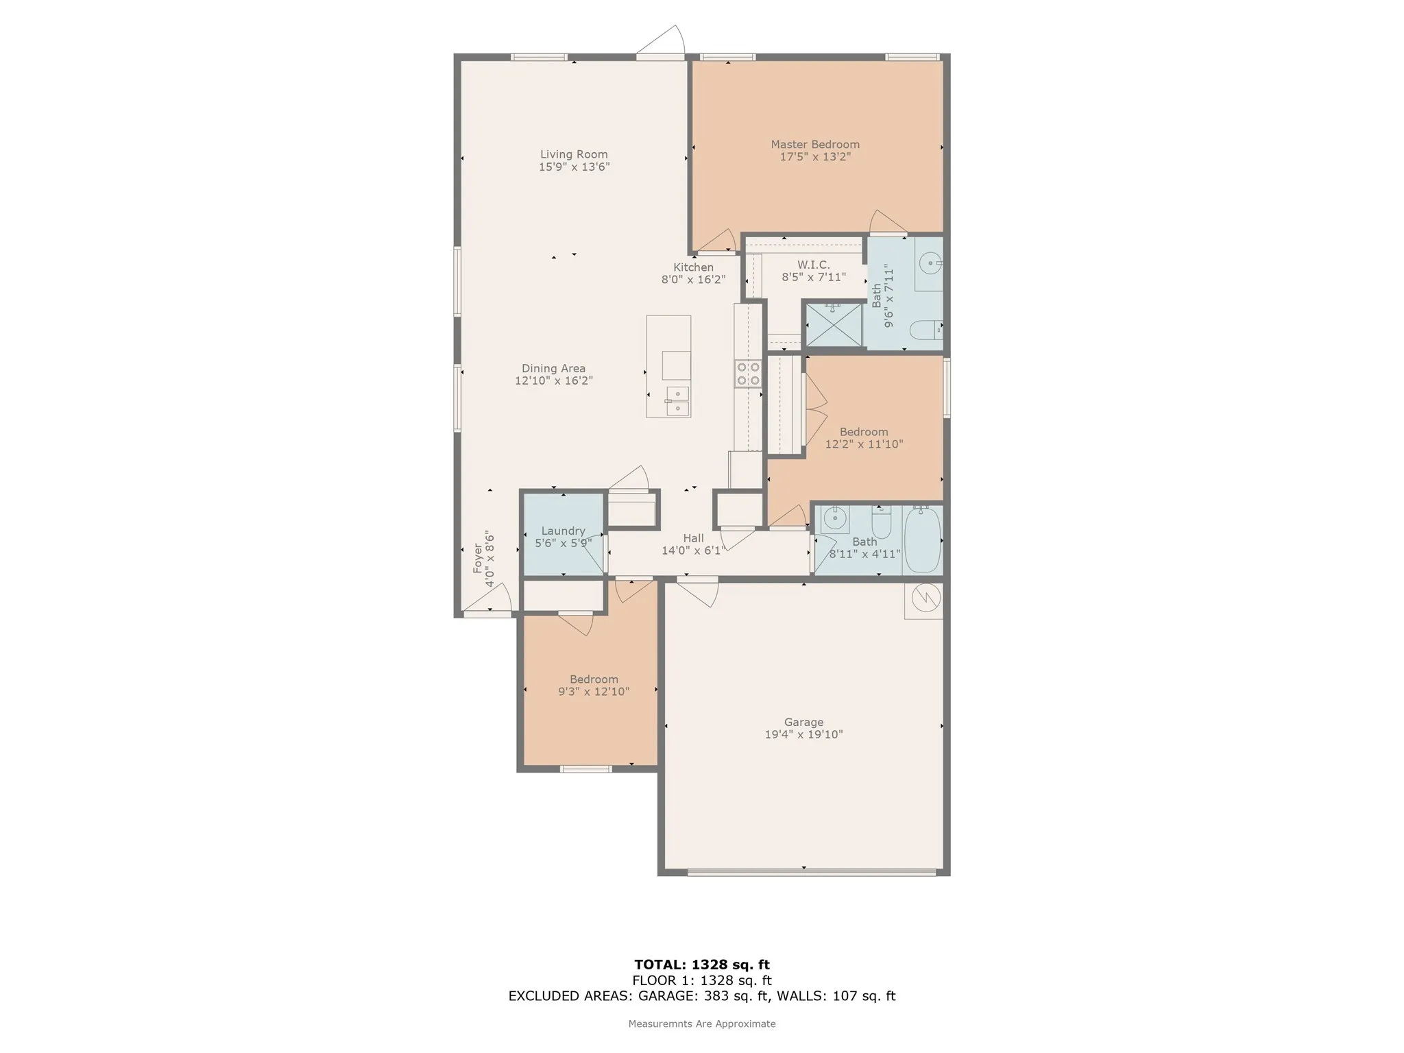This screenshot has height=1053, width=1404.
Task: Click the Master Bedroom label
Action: click(815, 144)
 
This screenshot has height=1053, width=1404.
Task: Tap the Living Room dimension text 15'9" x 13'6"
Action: click(574, 167)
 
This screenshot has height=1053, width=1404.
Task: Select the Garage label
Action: click(803, 722)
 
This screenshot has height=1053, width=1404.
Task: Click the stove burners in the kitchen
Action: click(748, 374)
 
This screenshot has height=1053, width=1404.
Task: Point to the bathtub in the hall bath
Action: click(922, 540)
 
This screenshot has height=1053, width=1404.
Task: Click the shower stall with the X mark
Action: click(833, 325)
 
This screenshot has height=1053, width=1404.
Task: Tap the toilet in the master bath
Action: click(926, 330)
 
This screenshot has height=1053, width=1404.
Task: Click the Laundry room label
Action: click(563, 531)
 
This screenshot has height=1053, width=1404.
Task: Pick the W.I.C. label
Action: click(814, 265)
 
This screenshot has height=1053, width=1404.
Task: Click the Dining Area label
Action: click(553, 368)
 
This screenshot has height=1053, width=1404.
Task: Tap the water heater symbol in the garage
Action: click(923, 601)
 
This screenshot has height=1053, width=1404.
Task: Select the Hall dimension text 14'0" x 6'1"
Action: click(693, 550)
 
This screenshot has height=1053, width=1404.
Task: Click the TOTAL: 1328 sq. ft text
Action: click(702, 965)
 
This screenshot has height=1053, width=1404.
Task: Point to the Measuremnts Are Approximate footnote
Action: click(702, 1024)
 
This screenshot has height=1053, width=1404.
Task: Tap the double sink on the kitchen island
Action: click(677, 401)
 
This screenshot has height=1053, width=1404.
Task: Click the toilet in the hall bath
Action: click(882, 522)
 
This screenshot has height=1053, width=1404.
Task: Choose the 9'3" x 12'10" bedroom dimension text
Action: click(594, 692)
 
